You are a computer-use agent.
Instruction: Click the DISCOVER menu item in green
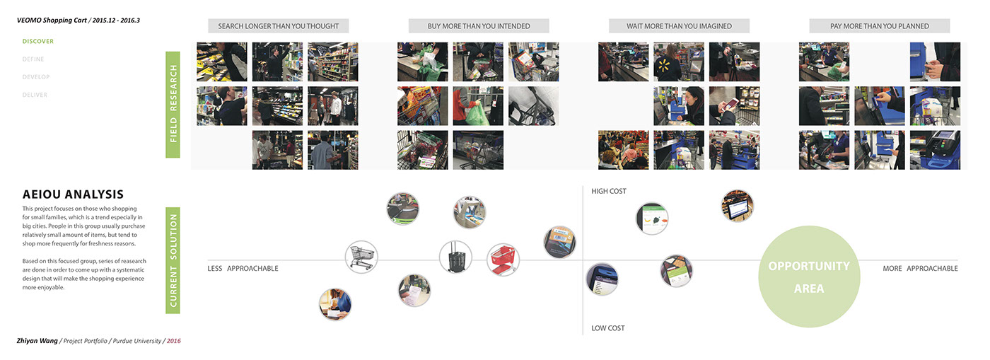(x=37, y=41)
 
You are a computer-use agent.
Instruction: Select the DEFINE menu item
(x=33, y=59)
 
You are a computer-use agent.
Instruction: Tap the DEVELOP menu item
(x=36, y=77)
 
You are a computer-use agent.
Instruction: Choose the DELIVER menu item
(x=35, y=95)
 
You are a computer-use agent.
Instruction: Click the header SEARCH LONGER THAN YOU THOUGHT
(x=278, y=26)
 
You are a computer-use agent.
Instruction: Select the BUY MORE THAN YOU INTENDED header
(x=479, y=26)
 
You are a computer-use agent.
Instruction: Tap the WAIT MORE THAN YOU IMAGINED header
(x=679, y=26)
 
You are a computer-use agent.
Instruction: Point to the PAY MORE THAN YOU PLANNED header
(x=879, y=26)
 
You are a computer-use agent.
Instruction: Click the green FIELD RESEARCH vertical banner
(x=173, y=104)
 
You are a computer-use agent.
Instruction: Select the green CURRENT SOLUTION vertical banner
(x=173, y=260)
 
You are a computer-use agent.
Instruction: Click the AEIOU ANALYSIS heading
(x=73, y=194)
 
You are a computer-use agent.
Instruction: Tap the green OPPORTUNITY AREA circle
(x=809, y=277)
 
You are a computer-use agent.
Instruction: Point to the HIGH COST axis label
(x=609, y=192)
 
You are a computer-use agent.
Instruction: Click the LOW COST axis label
(x=608, y=328)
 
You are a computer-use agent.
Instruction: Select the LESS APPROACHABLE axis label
(x=243, y=269)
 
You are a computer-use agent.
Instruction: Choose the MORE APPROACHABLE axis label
(x=920, y=269)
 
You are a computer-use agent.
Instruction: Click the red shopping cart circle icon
(x=504, y=260)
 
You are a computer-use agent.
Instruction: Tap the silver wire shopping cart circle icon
(x=361, y=257)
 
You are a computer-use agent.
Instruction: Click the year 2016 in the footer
(x=173, y=341)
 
